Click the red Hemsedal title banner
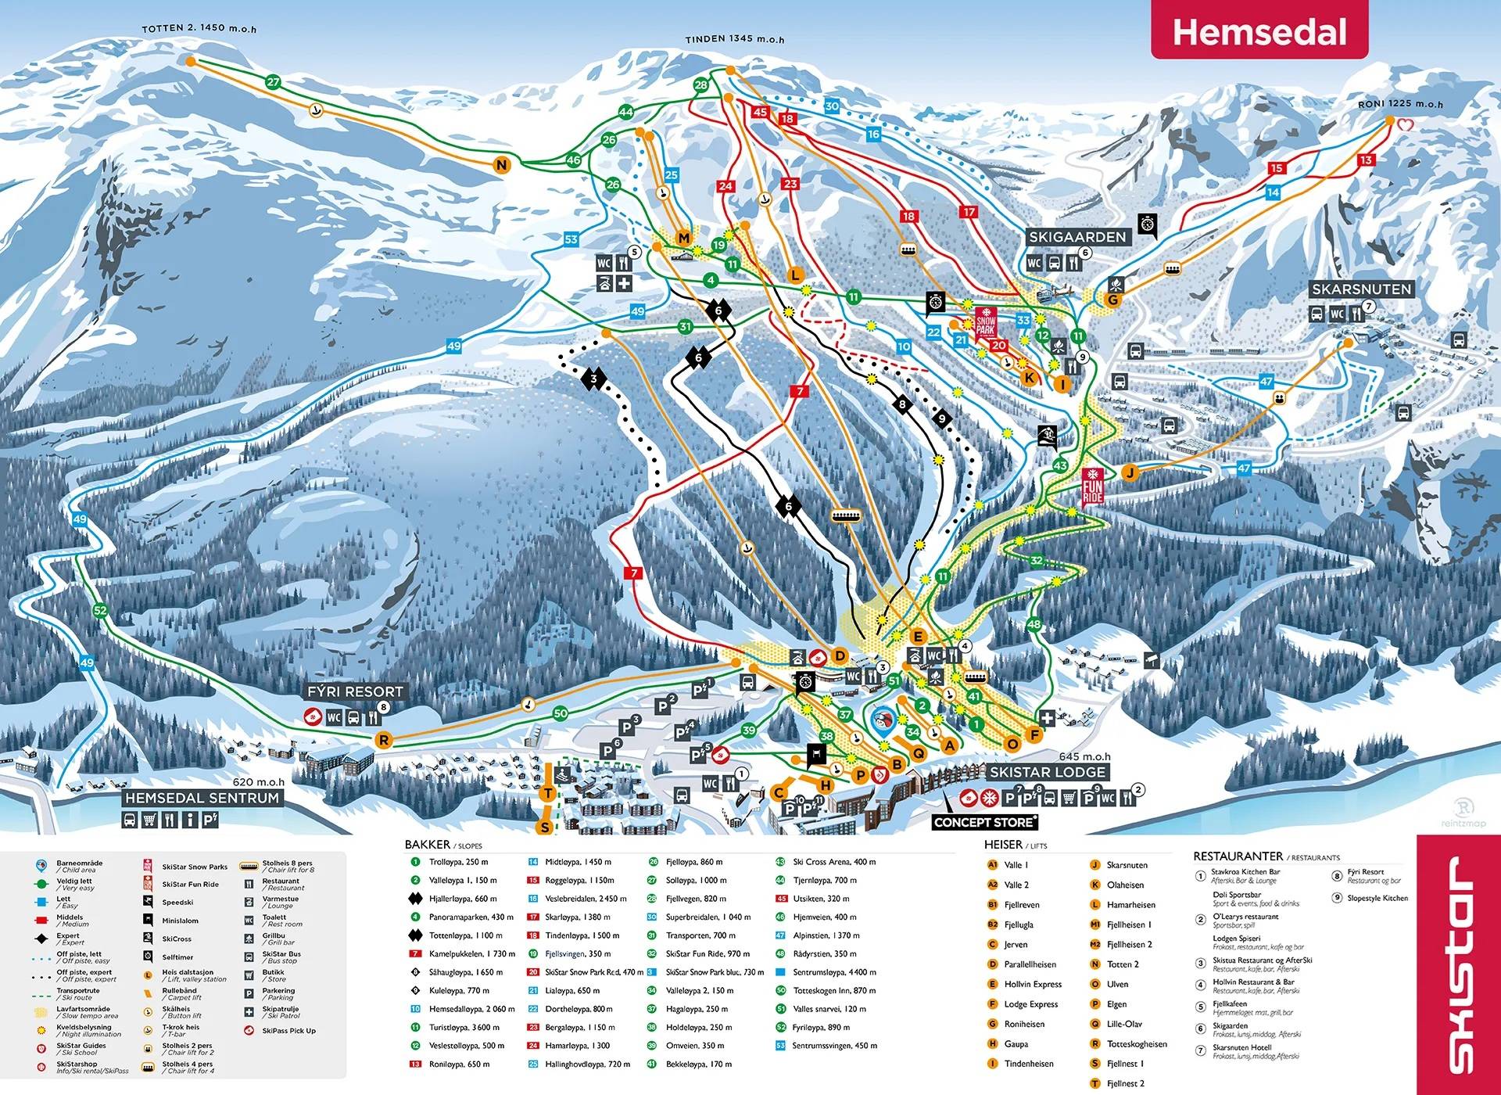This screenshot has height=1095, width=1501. click(x=1259, y=31)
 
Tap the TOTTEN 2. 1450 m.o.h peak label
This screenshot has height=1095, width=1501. click(x=199, y=28)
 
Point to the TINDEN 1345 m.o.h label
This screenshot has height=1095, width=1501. click(x=734, y=38)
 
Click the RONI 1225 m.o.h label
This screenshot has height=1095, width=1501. click(x=1399, y=103)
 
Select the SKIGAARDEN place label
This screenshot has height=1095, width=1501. click(x=1076, y=236)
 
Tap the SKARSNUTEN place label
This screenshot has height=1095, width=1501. click(x=1361, y=289)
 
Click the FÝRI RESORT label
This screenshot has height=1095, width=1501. click(x=355, y=691)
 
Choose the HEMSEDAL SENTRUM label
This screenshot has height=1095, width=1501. click(x=202, y=798)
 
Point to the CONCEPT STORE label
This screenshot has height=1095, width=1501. click(x=984, y=822)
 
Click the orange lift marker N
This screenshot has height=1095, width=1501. click(x=501, y=164)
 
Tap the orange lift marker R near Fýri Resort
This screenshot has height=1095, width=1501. click(x=383, y=740)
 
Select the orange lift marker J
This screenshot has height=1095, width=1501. click(x=1129, y=472)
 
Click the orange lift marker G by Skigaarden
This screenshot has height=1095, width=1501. click(x=1112, y=300)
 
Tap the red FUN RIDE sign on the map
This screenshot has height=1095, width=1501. click(x=1092, y=486)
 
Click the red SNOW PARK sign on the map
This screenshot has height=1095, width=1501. click(x=985, y=321)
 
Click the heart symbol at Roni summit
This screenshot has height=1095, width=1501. click(x=1405, y=124)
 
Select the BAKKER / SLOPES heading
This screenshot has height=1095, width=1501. click(x=442, y=845)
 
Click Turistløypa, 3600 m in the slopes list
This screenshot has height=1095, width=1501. click(x=464, y=1027)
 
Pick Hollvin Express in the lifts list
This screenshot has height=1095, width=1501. click(x=1033, y=984)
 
